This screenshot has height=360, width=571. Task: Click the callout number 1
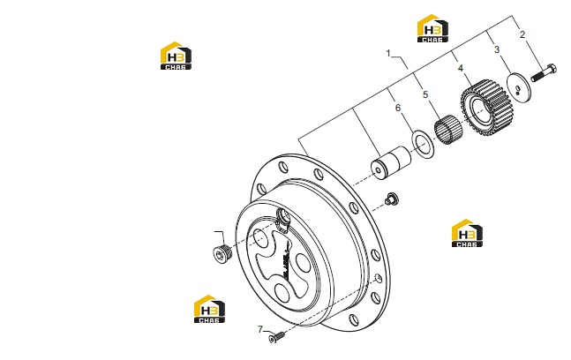click(388, 54)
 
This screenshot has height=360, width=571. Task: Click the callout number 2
click(522, 34)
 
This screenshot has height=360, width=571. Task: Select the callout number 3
click(497, 49)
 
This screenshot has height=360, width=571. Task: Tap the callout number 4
click(461, 68)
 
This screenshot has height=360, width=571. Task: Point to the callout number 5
click(425, 94)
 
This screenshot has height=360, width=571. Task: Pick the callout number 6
click(398, 108)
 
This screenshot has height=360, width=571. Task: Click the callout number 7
click(260, 329)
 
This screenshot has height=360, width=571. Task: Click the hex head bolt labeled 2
click(544, 72)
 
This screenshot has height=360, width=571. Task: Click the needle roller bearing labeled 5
click(448, 129)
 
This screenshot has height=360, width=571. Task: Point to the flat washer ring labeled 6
click(423, 146)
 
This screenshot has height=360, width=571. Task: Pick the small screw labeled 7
click(276, 337)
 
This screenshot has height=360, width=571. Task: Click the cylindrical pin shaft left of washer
click(391, 163)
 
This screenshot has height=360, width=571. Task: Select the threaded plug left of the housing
click(221, 253)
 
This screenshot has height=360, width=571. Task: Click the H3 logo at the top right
click(432, 28)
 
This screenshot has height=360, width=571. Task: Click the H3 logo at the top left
click(176, 56)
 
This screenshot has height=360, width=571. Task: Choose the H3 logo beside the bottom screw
click(209, 309)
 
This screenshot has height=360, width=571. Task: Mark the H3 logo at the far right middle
click(467, 233)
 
